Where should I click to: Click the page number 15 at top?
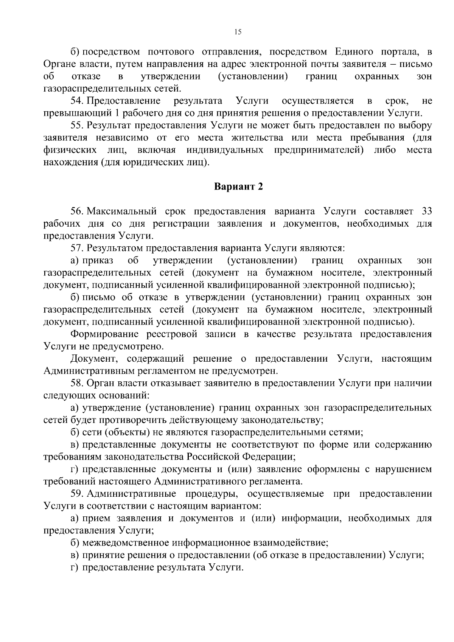point(237,32)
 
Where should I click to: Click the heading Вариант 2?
point(238,187)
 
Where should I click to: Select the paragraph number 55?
point(77,125)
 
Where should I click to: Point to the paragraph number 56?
point(77,211)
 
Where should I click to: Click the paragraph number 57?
point(77,248)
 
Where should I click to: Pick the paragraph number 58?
point(77,383)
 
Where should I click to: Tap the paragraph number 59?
point(77,494)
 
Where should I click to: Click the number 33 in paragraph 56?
point(426,211)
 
